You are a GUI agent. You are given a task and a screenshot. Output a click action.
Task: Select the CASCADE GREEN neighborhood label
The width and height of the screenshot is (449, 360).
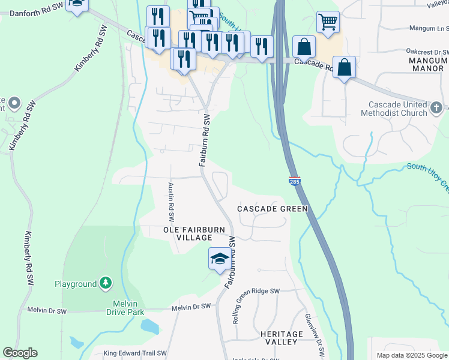pyautogui.click(x=272, y=209)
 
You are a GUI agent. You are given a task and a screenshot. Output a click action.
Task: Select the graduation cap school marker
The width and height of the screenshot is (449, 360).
pyautogui.click(x=219, y=259)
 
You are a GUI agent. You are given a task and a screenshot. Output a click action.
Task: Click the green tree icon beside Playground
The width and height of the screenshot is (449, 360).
pyautogui.click(x=106, y=282)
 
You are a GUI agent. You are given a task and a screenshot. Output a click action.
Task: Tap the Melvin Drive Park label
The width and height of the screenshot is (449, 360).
pyautogui.click(x=125, y=308)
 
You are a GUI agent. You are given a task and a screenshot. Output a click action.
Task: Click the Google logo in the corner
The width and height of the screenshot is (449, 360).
pyautogui.click(x=20, y=353)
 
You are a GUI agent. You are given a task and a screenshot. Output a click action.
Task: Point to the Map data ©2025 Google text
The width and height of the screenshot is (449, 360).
pyautogui.click(x=411, y=355)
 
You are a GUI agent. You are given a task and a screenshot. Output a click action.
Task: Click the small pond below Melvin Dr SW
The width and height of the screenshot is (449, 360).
pyautogui.click(x=150, y=327)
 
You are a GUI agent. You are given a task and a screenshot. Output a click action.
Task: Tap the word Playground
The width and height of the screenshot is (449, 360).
pyautogui.click(x=76, y=283)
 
